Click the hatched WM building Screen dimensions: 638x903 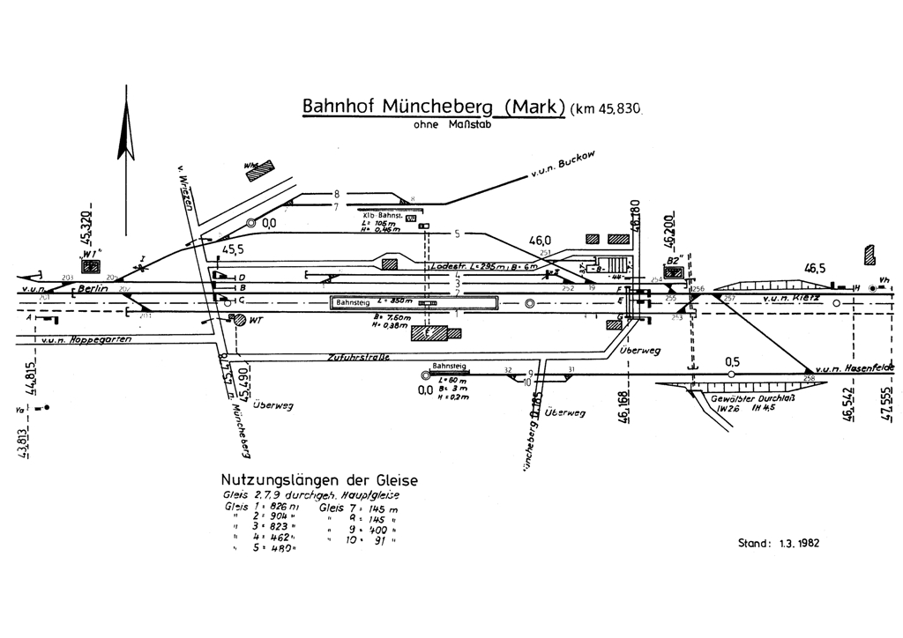click(259, 170)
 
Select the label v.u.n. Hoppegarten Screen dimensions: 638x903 click(85, 339)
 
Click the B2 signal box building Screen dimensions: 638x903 click(673, 273)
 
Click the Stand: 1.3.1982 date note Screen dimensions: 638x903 click(779, 543)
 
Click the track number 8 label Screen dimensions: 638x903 click(335, 193)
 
